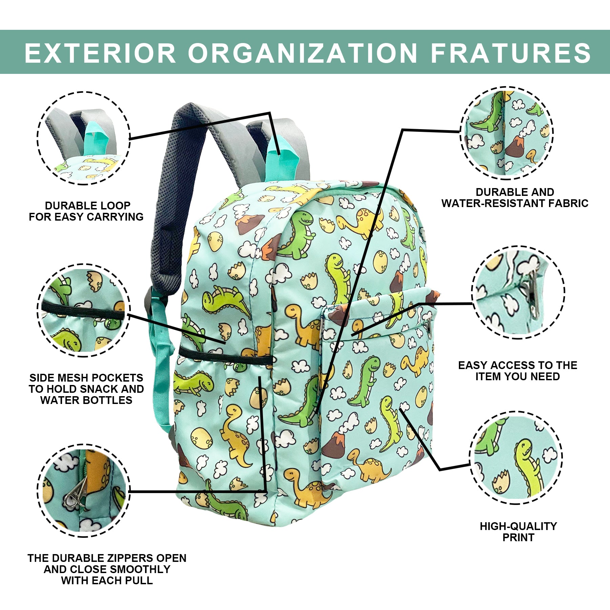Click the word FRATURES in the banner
pos(511,53)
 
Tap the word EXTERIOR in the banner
pos(100,53)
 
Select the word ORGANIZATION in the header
pos(303,53)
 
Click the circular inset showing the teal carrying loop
pos(83,138)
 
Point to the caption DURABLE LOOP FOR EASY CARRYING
pos(86,211)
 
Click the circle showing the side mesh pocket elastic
pos(83,310)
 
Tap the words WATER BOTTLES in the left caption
pos(86,400)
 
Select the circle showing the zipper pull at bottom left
pos(83,490)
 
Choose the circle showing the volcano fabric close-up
pos(507,133)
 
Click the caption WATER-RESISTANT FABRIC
pos(515,203)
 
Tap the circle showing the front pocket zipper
pos(518,292)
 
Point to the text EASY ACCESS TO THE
pos(517,365)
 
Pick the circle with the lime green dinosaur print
pos(516,458)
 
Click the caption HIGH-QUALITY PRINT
pos(518,532)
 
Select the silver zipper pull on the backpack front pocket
pos(429,328)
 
